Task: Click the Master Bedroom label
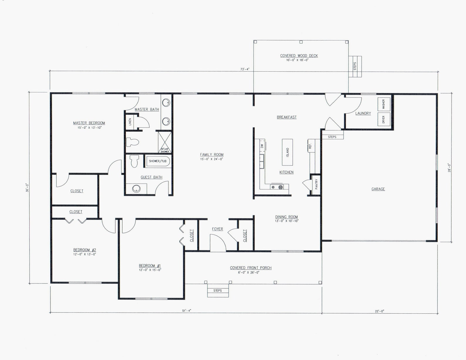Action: click(89, 123)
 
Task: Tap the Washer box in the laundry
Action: click(384, 104)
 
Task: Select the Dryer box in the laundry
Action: click(384, 119)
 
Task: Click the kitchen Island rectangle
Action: click(287, 152)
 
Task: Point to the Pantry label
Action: click(316, 184)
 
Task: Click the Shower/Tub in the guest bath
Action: click(158, 161)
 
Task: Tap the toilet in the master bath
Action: click(132, 142)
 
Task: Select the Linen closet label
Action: click(130, 122)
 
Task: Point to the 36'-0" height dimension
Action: click(27, 188)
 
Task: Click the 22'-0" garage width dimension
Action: click(379, 311)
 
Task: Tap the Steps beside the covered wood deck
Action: click(355, 66)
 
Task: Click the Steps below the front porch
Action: click(218, 290)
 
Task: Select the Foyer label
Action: click(217, 229)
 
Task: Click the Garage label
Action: click(378, 189)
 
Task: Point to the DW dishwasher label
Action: click(262, 145)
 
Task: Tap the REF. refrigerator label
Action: click(310, 146)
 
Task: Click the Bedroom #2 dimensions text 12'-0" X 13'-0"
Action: click(85, 254)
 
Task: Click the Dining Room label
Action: click(286, 217)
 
